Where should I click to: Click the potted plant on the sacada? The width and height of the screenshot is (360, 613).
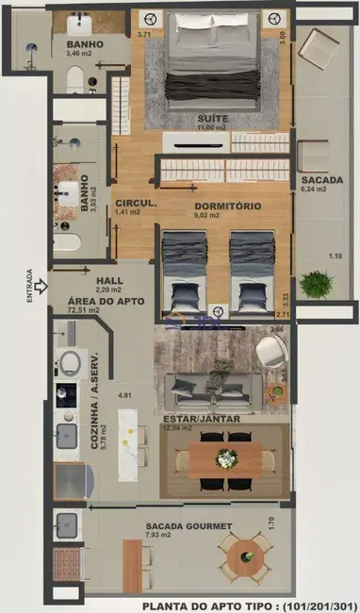click(317, 283)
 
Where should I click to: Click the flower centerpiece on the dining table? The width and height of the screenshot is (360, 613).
click(226, 458)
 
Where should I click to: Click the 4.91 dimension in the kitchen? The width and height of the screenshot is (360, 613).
click(123, 397)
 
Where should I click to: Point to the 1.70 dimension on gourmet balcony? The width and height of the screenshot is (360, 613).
click(270, 521)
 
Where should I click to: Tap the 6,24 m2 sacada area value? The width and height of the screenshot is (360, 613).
click(314, 189)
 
